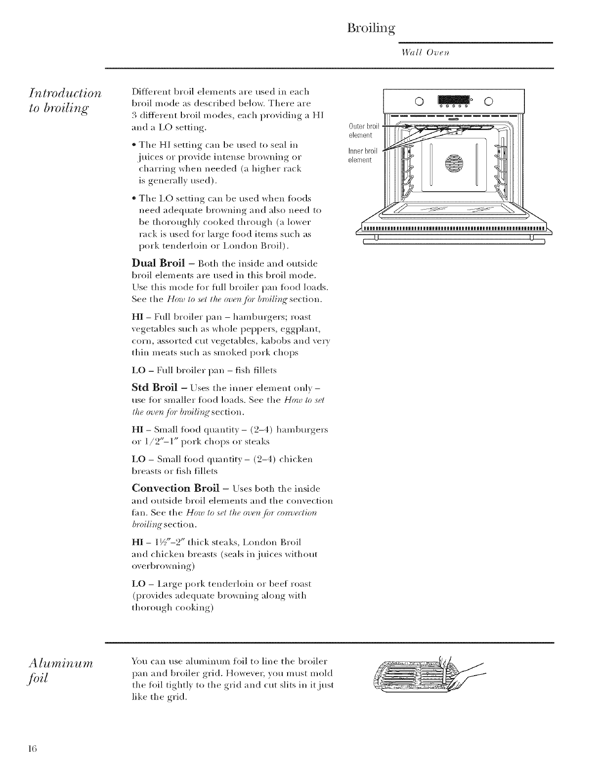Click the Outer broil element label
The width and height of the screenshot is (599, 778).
coord(363,131)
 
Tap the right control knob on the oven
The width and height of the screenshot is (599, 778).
coord(488,102)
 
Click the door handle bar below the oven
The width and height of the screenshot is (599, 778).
coord(454,242)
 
